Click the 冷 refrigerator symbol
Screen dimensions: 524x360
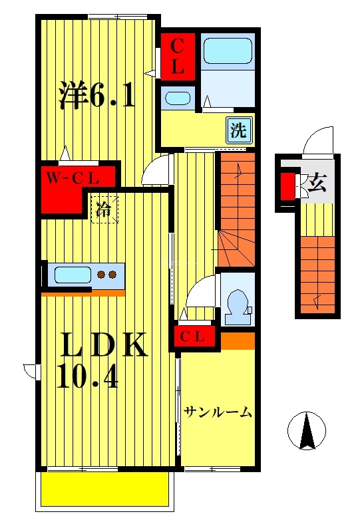[104, 209]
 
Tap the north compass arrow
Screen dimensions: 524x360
[306, 431]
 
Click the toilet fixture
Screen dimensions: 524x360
[236, 304]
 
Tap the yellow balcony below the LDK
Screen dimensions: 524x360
[104, 490]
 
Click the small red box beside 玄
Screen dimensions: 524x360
[287, 186]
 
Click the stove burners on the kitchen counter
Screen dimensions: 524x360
[107, 274]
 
